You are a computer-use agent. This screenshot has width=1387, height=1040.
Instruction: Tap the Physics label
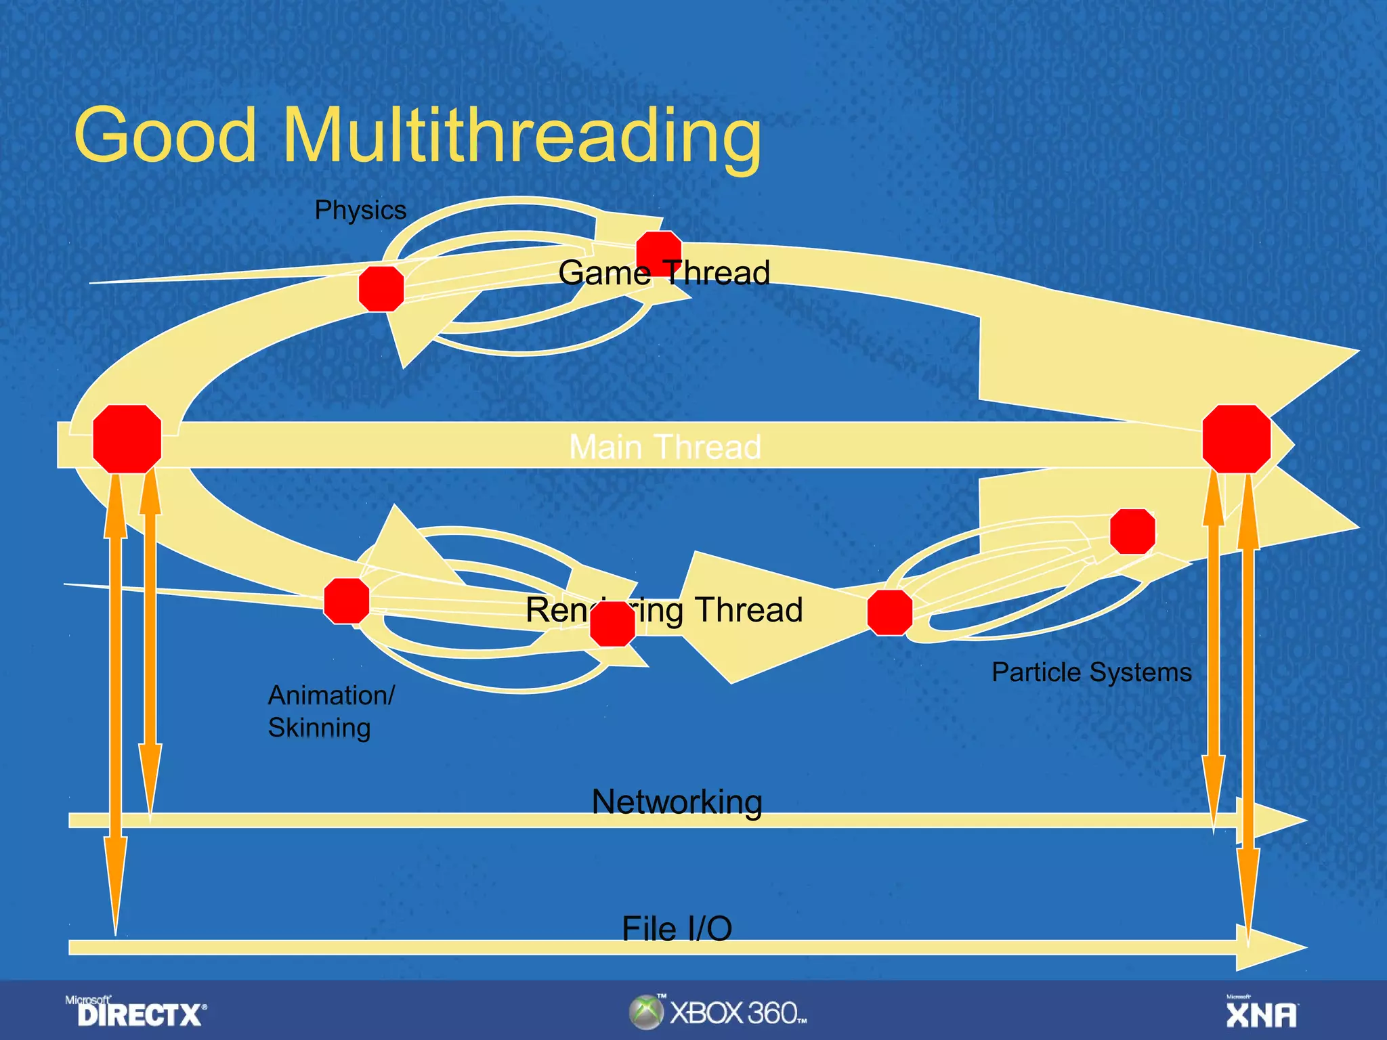tap(360, 210)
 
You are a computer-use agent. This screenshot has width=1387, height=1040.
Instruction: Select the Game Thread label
tap(664, 273)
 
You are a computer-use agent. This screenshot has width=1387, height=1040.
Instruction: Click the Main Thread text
tap(665, 447)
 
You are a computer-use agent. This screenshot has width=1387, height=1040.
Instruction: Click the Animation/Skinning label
tap(330, 711)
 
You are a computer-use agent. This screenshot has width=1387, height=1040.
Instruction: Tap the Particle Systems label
tap(1091, 672)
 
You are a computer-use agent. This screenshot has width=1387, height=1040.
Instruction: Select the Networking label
tap(677, 802)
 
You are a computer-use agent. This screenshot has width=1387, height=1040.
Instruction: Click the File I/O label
tap(677, 928)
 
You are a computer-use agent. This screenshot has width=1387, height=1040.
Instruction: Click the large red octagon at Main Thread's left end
tap(127, 439)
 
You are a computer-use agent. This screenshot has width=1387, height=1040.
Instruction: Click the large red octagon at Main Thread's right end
tap(1236, 439)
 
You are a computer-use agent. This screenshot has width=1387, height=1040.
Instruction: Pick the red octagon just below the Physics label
tap(381, 288)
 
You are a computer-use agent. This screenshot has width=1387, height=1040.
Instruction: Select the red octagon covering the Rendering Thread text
tap(612, 624)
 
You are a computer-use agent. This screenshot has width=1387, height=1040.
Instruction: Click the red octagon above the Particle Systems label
tap(1132, 532)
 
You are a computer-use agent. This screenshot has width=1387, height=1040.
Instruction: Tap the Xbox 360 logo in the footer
tap(718, 1012)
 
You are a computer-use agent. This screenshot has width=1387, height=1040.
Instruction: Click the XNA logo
tap(1261, 1013)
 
